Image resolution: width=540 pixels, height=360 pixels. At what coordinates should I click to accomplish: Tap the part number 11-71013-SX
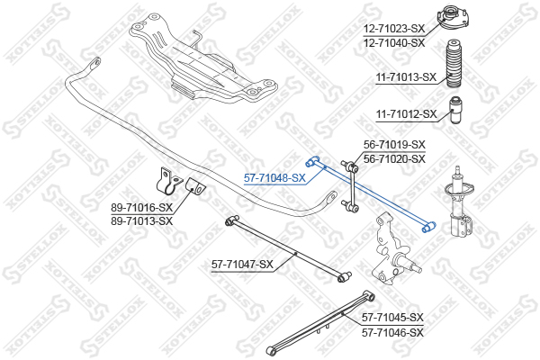pos(406,77)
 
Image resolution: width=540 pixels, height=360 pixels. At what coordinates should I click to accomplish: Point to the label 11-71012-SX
pos(406,114)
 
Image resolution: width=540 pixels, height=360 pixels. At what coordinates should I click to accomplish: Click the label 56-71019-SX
pos(394,144)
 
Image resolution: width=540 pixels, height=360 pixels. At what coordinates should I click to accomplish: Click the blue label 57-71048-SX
pos(275,178)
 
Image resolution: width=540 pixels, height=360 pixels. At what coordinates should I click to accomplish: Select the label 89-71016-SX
pos(141,208)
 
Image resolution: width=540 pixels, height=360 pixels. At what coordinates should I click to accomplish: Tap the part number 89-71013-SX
pos(141,220)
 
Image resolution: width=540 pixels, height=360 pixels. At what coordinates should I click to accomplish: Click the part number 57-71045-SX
pos(392,318)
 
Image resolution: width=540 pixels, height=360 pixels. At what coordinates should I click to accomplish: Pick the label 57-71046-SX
pos(392,331)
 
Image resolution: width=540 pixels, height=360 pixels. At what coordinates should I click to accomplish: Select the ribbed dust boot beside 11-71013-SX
pos(455,65)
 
